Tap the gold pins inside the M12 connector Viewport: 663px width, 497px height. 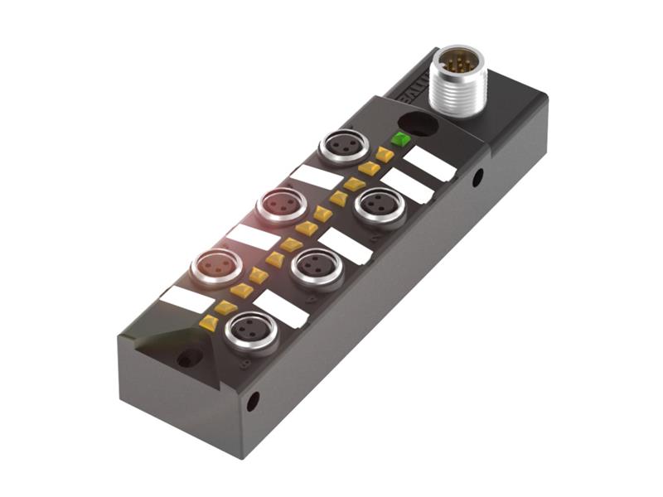point(455,61)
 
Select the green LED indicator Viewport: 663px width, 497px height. point(401,138)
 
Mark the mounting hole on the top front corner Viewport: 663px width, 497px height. point(190,359)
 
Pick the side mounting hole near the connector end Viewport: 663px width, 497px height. point(477,176)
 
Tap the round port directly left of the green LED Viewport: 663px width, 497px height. point(343,147)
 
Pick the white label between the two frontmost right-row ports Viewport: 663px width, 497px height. point(281,308)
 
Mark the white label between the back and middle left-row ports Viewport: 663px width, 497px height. point(316,176)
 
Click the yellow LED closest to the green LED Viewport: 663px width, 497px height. point(384,154)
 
